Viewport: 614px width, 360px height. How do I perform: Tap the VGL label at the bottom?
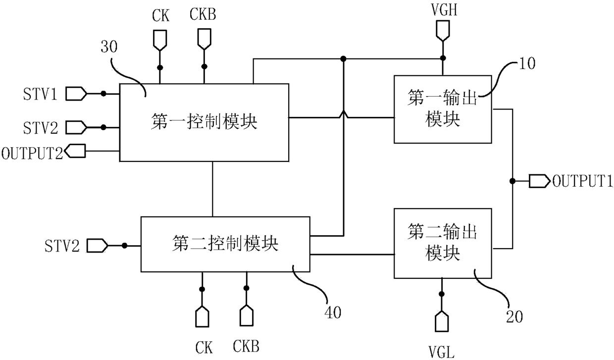coord(441,352)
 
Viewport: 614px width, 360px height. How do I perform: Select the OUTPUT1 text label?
coord(582,181)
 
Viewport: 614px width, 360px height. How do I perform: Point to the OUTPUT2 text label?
coord(32,153)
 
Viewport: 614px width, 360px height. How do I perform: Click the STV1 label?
coord(40,94)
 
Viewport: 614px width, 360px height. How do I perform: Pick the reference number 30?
coord(109,47)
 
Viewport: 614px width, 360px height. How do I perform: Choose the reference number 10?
coord(527,63)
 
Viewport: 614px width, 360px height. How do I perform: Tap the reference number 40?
coord(333,312)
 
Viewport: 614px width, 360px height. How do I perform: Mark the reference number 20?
coord(514,317)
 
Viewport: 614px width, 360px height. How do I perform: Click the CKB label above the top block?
coord(203,14)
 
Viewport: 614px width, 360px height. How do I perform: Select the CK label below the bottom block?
coord(204,348)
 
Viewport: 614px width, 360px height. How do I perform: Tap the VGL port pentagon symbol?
coord(442,321)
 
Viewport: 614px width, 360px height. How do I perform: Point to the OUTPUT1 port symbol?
coord(539,181)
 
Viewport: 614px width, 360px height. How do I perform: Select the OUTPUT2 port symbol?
coord(75,151)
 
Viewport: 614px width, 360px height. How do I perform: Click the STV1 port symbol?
coord(76,94)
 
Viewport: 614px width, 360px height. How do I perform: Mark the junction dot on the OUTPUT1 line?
coord(512,181)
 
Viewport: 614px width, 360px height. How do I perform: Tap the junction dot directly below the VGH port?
coord(443,58)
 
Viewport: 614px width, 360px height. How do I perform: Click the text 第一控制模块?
coord(204,121)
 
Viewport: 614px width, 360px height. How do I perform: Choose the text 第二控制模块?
coord(225,244)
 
